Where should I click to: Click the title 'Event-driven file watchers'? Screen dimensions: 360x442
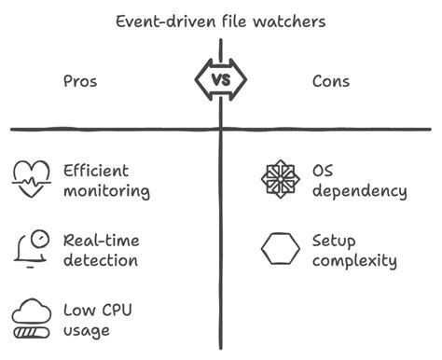[220, 21]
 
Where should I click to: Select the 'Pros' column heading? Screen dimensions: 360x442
[79, 81]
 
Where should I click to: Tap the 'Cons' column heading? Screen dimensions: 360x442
[331, 81]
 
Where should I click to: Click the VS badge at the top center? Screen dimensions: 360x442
[221, 80]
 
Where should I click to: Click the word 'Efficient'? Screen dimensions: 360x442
[95, 171]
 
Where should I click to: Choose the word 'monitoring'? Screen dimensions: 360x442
[106, 192]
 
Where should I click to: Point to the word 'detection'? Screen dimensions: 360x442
[101, 262]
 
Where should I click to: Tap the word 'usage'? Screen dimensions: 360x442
[87, 331]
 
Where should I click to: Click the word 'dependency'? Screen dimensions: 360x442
[359, 192]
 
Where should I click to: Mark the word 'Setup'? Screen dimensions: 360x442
[334, 241]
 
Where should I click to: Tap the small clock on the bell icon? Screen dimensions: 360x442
[38, 239]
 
